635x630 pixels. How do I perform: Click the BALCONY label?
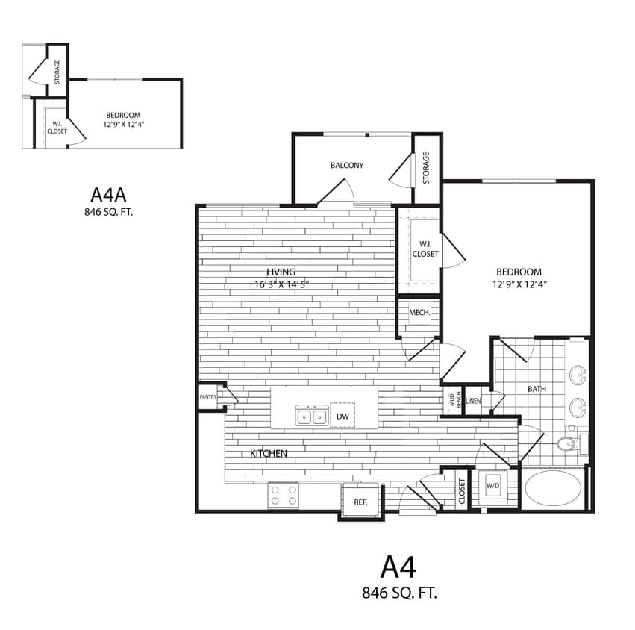[347, 165]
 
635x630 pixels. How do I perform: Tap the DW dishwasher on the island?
[342, 416]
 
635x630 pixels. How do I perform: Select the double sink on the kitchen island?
[312, 417]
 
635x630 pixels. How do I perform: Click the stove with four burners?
[284, 496]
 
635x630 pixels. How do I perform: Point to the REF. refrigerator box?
[360, 502]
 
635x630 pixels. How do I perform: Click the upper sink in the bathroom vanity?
[577, 374]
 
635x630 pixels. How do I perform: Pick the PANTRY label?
[207, 397]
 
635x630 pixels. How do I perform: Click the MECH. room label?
[419, 313]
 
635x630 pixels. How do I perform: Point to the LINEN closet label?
[474, 401]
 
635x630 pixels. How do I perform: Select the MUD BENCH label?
[451, 400]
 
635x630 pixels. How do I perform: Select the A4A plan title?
[109, 195]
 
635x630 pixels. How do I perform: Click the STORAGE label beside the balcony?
[426, 168]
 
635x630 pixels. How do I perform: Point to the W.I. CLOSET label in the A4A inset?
[57, 128]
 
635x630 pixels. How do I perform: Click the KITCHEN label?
[268, 453]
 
